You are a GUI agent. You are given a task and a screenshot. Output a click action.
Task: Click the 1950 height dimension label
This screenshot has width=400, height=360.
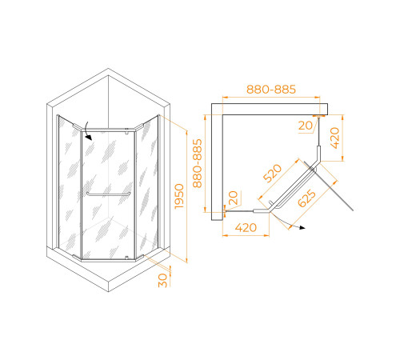point(179,196)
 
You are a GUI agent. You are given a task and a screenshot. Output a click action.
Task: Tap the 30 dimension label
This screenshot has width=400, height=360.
point(162,280)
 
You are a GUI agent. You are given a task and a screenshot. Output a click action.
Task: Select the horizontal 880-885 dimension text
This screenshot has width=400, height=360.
point(271,90)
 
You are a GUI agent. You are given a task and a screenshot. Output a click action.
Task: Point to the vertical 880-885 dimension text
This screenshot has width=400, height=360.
point(198,163)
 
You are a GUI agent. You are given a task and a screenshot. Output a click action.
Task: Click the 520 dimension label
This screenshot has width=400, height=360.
point(272,174)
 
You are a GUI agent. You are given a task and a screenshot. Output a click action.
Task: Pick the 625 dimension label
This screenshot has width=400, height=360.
point(306,198)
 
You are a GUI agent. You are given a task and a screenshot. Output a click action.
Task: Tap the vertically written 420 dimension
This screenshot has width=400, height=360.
point(334,138)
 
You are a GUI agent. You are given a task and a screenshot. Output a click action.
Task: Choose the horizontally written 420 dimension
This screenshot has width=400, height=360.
point(246,227)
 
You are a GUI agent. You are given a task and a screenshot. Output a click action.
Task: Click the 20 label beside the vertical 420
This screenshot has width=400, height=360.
point(306,126)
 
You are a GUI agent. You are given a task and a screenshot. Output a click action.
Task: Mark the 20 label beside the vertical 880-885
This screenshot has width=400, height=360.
point(233,198)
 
